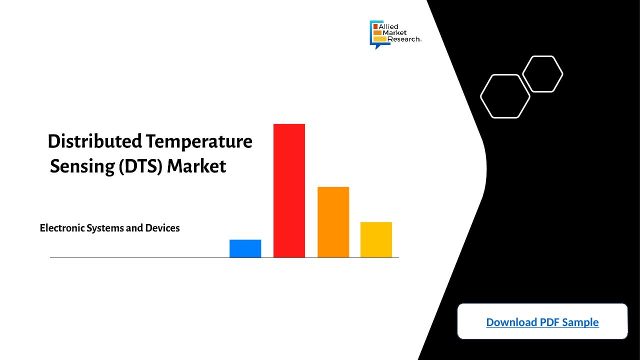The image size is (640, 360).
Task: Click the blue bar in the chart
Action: click(x=245, y=248)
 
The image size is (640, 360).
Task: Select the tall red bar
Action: click(x=289, y=190)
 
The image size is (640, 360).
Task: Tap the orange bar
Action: click(x=333, y=222)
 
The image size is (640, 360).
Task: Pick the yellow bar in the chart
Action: click(x=376, y=239)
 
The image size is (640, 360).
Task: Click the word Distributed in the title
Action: click(x=95, y=141)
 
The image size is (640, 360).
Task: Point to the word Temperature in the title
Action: click(x=199, y=142)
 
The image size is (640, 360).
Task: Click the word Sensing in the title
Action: click(x=82, y=166)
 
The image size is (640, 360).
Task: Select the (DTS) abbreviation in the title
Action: click(x=140, y=166)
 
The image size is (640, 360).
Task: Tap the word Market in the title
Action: click(x=196, y=166)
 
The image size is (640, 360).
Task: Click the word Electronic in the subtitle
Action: click(x=62, y=228)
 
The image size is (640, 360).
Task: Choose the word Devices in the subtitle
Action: click(x=162, y=228)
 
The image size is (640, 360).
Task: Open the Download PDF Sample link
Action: click(x=542, y=322)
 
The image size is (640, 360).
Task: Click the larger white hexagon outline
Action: click(x=481, y=96)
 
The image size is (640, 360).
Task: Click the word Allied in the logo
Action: click(x=388, y=26)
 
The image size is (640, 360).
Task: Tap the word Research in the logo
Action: click(x=403, y=39)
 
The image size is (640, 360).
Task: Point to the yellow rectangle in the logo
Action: click(x=379, y=39)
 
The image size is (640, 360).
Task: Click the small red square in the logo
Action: click(x=375, y=26)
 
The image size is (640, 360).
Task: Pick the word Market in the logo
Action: click(x=394, y=33)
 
